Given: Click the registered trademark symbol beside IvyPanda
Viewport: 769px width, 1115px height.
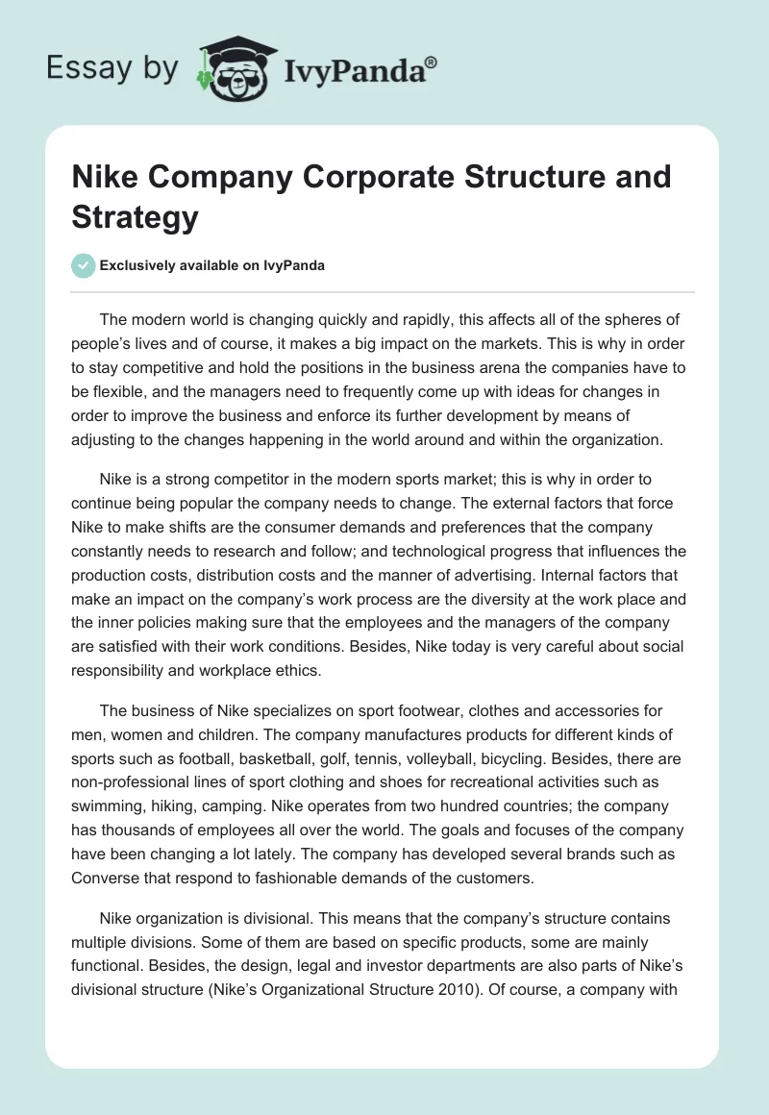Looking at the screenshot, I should pyautogui.click(x=432, y=62).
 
